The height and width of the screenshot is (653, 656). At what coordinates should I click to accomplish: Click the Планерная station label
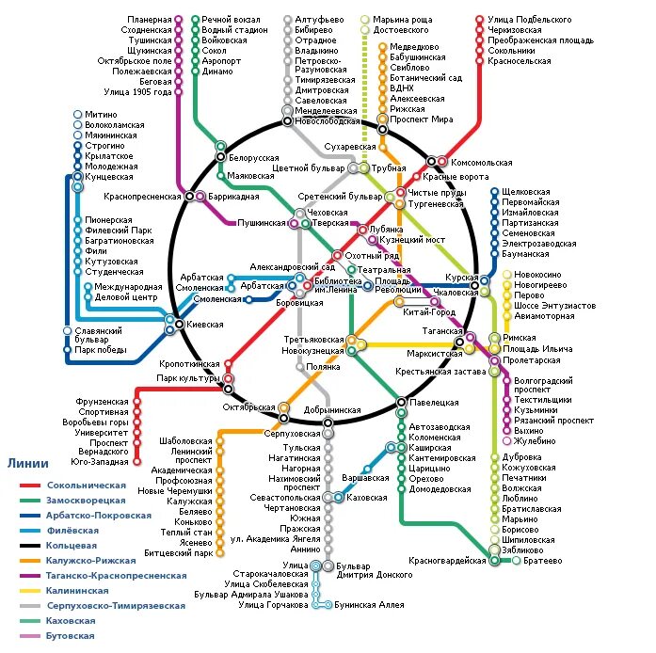coord(151,20)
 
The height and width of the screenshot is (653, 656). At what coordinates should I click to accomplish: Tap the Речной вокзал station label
coord(230,20)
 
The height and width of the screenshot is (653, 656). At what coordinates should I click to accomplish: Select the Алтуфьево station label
coord(317,20)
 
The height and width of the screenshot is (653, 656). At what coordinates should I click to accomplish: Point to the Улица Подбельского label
coord(529,20)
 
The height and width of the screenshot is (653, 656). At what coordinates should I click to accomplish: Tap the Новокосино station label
coord(536,274)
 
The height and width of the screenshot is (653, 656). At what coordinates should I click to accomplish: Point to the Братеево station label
coord(541,560)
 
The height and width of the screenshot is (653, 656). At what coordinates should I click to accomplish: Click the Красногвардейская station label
coord(447,561)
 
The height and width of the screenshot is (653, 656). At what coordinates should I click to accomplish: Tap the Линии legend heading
coord(28,463)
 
